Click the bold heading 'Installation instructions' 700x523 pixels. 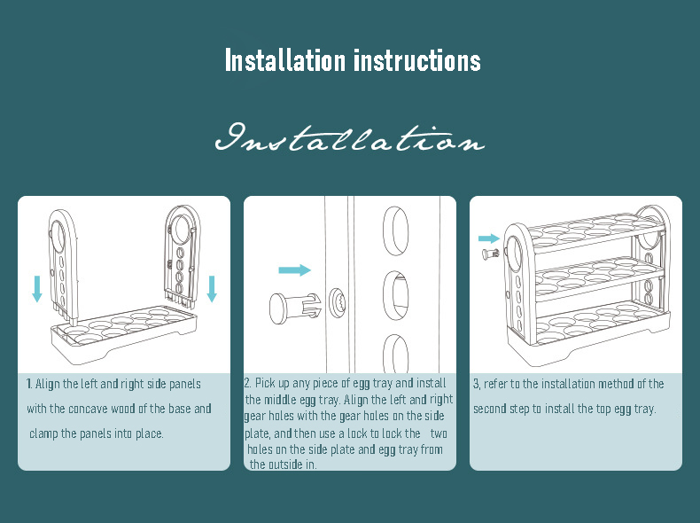click(352, 61)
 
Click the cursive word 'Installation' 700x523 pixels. click(350, 139)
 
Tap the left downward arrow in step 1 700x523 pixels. click(36, 288)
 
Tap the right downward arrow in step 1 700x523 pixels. click(212, 288)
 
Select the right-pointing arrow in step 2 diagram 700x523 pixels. click(294, 269)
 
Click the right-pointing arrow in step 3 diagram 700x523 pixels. click(487, 238)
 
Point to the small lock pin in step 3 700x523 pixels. click(489, 255)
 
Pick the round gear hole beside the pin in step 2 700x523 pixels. click(337, 301)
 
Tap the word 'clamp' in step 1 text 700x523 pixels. click(44, 433)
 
